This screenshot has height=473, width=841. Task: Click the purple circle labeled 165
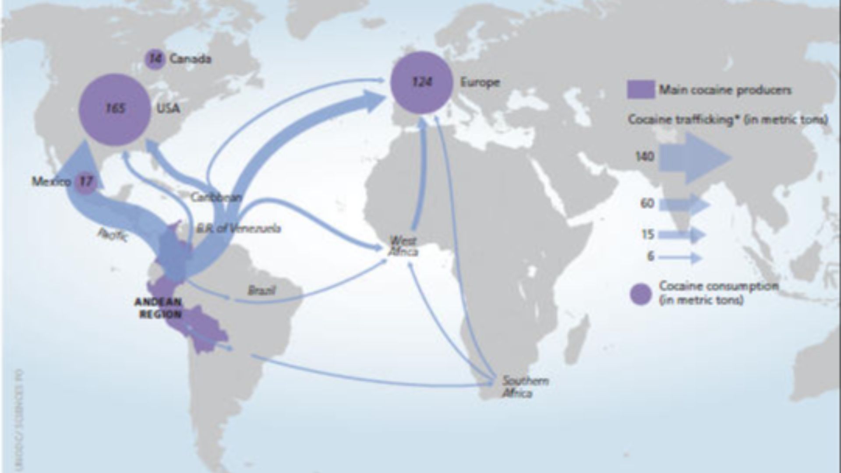[x=115, y=109]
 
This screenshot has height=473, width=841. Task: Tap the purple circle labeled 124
[x=421, y=82]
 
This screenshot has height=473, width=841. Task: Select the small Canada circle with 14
[x=155, y=59]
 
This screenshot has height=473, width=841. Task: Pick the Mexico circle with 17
[x=86, y=181]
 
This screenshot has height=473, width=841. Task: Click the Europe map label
[x=480, y=82]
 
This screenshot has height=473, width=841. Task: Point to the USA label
[x=169, y=108]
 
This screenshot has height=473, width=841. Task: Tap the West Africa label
[x=403, y=246]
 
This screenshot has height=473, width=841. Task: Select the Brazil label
[x=261, y=290]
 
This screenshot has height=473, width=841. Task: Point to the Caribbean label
[x=216, y=197]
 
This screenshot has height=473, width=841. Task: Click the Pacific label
[x=113, y=236]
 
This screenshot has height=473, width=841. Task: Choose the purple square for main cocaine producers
[x=641, y=90]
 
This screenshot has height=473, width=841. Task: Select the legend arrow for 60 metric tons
[x=684, y=205]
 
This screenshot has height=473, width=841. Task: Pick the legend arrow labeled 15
[x=682, y=235]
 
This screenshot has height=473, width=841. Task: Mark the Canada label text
[x=190, y=59]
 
